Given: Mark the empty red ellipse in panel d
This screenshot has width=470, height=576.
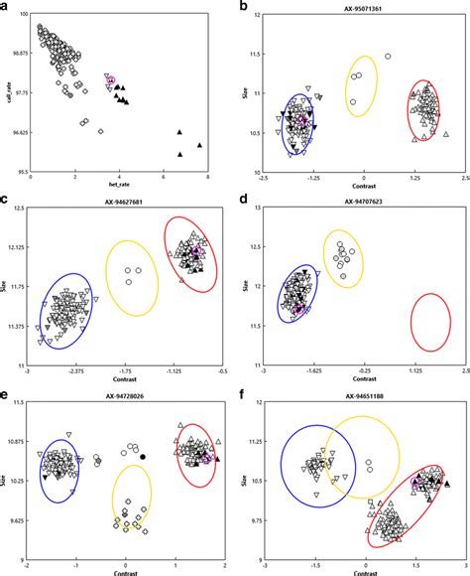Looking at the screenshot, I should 431,322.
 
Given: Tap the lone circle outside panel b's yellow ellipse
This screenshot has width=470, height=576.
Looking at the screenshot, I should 388,57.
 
